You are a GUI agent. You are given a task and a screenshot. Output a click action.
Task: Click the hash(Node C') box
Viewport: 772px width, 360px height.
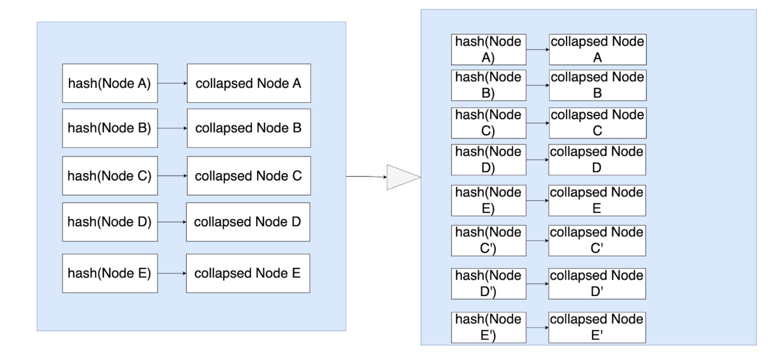pyautogui.click(x=488, y=241)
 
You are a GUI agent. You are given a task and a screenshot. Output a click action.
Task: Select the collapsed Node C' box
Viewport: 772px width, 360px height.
pyautogui.click(x=597, y=241)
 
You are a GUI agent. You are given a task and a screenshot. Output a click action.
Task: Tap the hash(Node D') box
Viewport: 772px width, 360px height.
pyautogui.click(x=488, y=284)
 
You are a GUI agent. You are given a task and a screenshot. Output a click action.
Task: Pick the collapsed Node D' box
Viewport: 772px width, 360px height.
pyautogui.click(x=597, y=284)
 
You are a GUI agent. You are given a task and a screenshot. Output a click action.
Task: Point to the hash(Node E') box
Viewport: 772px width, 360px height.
pyautogui.click(x=488, y=328)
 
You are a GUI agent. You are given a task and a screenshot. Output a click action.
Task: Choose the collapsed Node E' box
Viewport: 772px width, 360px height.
pyautogui.click(x=597, y=328)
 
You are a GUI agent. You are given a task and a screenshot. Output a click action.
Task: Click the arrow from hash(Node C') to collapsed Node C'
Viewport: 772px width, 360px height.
pyautogui.click(x=537, y=241)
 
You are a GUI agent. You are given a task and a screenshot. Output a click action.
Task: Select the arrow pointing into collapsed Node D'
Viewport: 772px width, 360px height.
pyautogui.click(x=537, y=284)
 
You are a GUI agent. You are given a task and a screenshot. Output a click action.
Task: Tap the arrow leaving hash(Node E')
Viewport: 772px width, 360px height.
pyautogui.click(x=537, y=328)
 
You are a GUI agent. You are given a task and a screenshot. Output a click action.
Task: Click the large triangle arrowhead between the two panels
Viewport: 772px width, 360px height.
pyautogui.click(x=401, y=177)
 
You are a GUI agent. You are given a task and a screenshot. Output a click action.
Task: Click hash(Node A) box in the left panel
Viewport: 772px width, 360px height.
pyautogui.click(x=110, y=83)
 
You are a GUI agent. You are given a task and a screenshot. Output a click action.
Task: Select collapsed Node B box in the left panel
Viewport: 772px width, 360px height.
pyautogui.click(x=249, y=128)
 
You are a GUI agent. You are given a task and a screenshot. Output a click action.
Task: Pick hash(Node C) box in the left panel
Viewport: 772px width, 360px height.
pyautogui.click(x=110, y=176)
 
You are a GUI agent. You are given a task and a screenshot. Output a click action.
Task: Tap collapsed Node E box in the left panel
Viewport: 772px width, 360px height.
pyautogui.click(x=248, y=273)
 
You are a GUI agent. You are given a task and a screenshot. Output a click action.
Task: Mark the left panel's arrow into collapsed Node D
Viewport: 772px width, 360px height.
pyautogui.click(x=172, y=222)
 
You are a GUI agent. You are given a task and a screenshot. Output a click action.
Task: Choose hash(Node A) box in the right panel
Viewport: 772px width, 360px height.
pyautogui.click(x=488, y=49)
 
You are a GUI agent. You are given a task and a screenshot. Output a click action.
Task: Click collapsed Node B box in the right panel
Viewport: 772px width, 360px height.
pyautogui.click(x=597, y=85)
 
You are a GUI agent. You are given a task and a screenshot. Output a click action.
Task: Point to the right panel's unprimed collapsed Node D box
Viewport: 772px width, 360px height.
pyautogui.click(x=597, y=159)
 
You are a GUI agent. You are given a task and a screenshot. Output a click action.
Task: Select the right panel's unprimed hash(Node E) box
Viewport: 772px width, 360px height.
pyautogui.click(x=488, y=200)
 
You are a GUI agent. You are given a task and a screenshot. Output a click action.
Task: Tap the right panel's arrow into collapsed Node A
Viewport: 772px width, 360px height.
pyautogui.click(x=538, y=49)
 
